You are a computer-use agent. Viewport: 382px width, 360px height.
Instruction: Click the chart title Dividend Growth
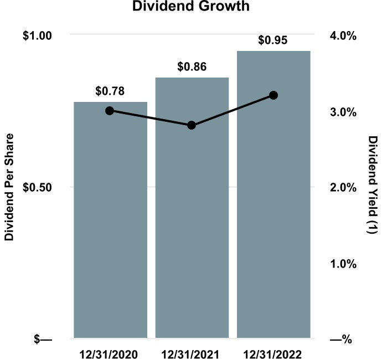pyautogui.click(x=191, y=7)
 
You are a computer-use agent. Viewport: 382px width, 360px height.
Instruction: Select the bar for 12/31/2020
pyautogui.click(x=110, y=222)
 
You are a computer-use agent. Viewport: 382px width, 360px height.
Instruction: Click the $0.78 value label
pyautogui.click(x=110, y=90)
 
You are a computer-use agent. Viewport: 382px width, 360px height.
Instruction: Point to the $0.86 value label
pyautogui.click(x=192, y=67)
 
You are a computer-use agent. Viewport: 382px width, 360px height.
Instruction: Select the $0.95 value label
pyautogui.click(x=273, y=40)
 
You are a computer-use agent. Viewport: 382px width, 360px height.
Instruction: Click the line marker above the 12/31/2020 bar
pyautogui.click(x=110, y=111)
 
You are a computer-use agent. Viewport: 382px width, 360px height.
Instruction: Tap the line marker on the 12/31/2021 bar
pyautogui.click(x=192, y=125)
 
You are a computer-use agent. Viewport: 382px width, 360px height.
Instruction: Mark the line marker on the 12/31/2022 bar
pyautogui.click(x=273, y=95)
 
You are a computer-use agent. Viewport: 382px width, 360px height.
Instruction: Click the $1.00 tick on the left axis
pyautogui.click(x=37, y=35)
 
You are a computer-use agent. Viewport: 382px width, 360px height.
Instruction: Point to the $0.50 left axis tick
pyautogui.click(x=37, y=187)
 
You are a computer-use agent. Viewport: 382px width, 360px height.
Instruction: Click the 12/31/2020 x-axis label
pyautogui.click(x=110, y=352)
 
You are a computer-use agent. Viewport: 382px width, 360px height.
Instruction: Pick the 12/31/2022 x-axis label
pyautogui.click(x=273, y=352)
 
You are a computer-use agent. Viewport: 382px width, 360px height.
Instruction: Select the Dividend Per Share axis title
pyautogui.click(x=9, y=187)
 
